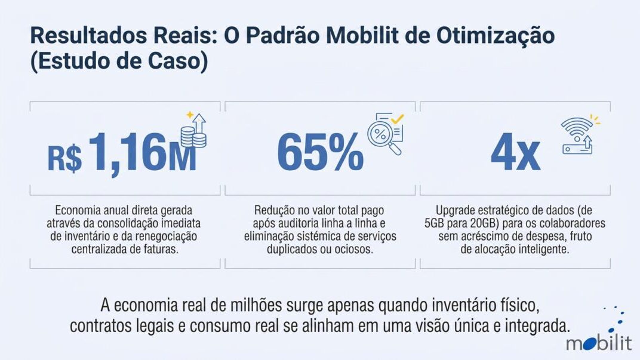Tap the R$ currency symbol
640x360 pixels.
[64, 158]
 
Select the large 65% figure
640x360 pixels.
[320, 152]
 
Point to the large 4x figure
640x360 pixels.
[515, 152]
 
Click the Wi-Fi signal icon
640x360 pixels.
[576, 127]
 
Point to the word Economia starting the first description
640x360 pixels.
[78, 211]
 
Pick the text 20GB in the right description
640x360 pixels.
[478, 224]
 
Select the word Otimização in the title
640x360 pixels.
[495, 36]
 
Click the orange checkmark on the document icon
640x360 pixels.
[397, 119]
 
